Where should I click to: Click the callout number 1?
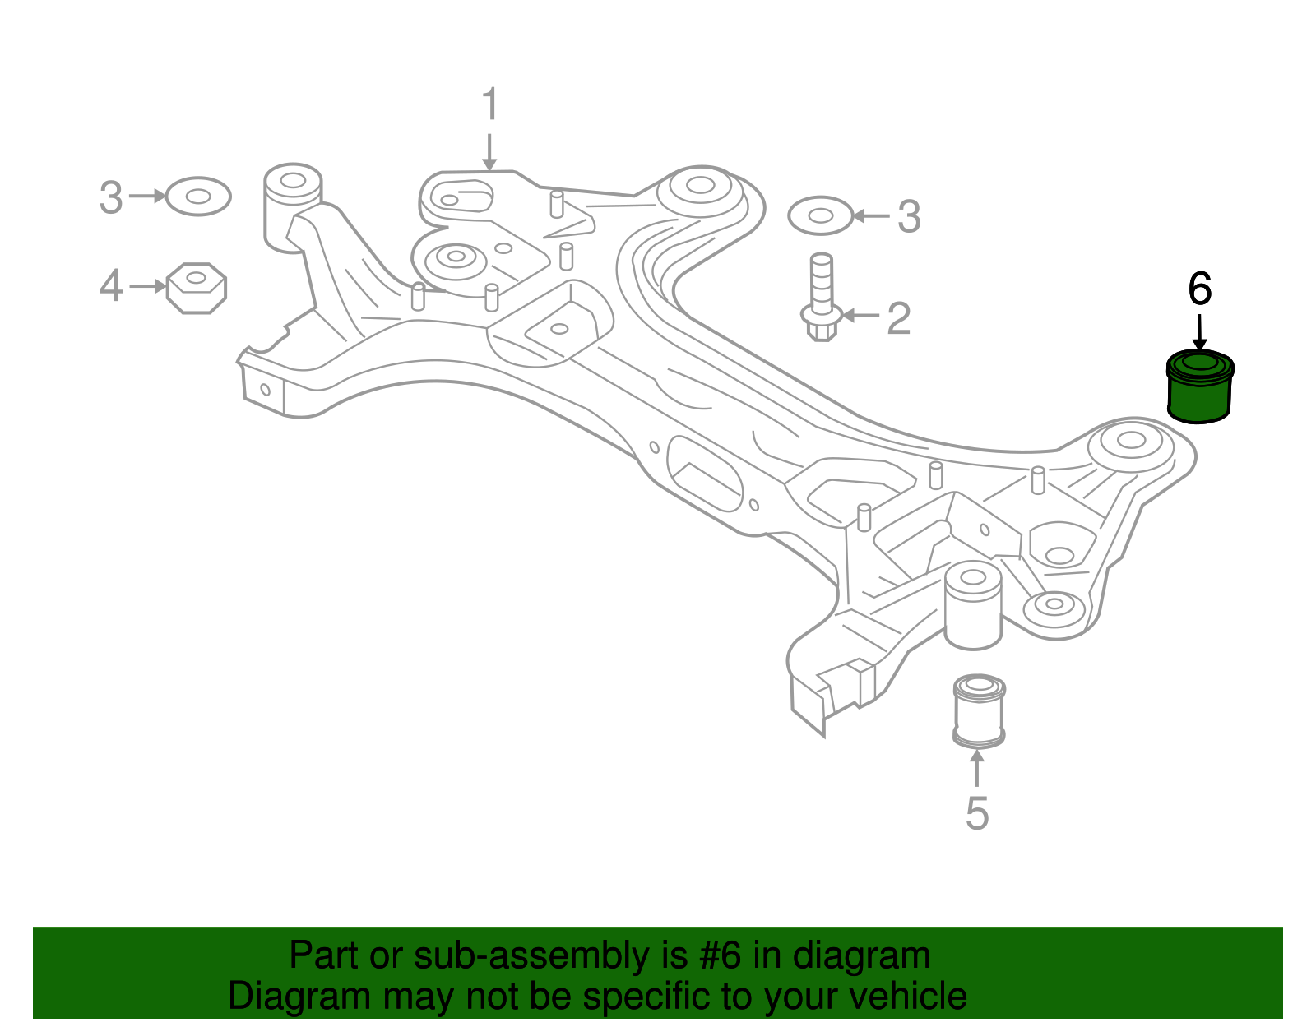490,104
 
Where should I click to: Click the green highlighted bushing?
1200,387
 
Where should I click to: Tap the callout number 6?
1200,289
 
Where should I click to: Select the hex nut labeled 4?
197,288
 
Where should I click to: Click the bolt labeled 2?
821,297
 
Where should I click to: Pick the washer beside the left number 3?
198,197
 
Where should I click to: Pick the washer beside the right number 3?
821,215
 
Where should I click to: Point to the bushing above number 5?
979,712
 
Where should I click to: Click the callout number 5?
977,813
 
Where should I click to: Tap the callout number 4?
111,285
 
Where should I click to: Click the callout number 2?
899,318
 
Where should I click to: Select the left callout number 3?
111,197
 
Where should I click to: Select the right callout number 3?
909,216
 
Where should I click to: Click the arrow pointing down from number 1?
489,152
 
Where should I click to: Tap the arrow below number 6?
1199,331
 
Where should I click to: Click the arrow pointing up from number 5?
977,768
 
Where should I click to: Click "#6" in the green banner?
720,955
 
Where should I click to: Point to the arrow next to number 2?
860,315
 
